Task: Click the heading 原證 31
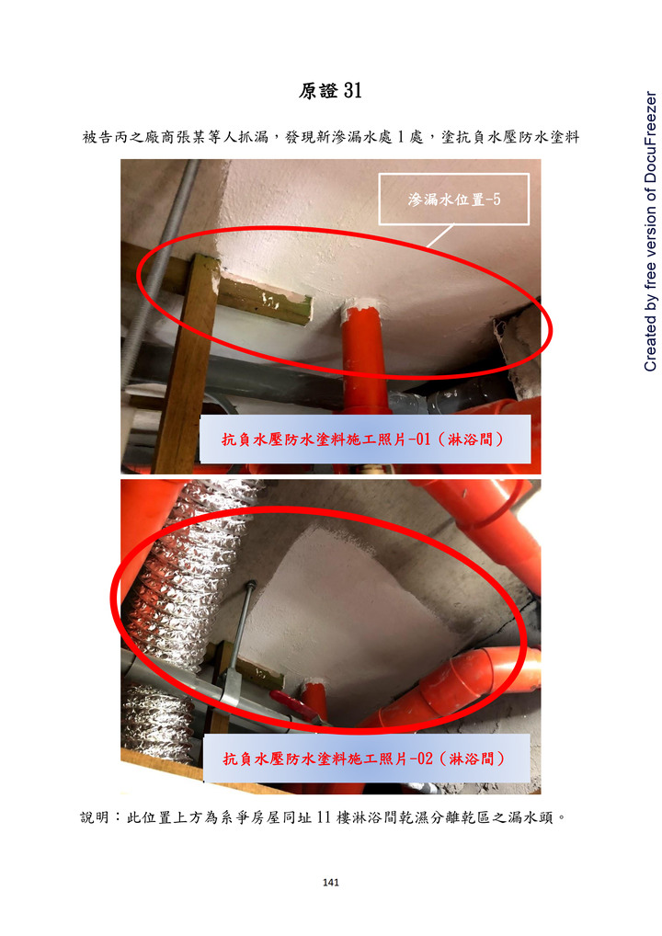click(330, 91)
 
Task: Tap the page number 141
click(331, 883)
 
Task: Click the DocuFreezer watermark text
click(650, 231)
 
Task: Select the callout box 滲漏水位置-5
click(453, 199)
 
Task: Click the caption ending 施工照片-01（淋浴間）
click(364, 439)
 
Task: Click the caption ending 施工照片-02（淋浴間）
click(365, 759)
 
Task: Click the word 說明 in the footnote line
click(96, 817)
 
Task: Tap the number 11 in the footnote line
click(324, 817)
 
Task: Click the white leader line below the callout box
click(440, 235)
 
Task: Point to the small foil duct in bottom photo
click(156, 723)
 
